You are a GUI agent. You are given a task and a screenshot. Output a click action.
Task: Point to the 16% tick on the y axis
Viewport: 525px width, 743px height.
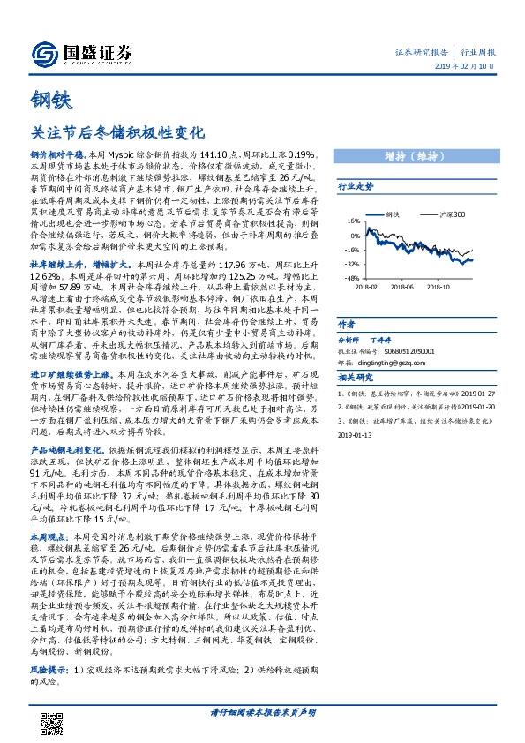point(354,221)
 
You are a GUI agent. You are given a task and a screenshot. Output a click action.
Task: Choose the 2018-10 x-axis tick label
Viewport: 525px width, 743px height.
point(439,286)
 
